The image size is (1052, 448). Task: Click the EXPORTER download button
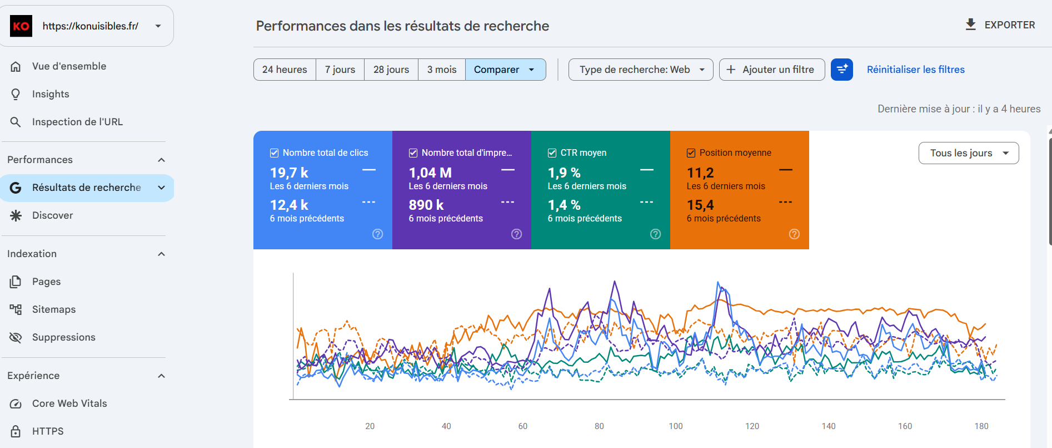pyautogui.click(x=1000, y=25)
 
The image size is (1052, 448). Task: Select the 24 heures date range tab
pyautogui.click(x=285, y=70)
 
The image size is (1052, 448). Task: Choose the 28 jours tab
pyautogui.click(x=391, y=70)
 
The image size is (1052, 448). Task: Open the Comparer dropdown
pyautogui.click(x=505, y=70)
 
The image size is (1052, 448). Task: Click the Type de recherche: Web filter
pyautogui.click(x=641, y=70)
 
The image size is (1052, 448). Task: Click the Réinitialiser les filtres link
pyautogui.click(x=915, y=70)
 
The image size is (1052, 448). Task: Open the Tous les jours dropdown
pyautogui.click(x=969, y=153)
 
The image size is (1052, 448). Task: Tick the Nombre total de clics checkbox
pyautogui.click(x=274, y=152)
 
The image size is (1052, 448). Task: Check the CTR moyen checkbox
pyautogui.click(x=552, y=152)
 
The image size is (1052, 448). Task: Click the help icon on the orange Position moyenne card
pyautogui.click(x=794, y=234)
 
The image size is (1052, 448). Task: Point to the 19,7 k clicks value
pyautogui.click(x=289, y=173)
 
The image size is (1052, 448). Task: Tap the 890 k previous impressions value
pyautogui.click(x=426, y=205)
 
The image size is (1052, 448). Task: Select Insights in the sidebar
pyautogui.click(x=51, y=94)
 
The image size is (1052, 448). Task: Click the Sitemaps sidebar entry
pyautogui.click(x=54, y=309)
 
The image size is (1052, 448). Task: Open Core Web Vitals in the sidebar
pyautogui.click(x=69, y=403)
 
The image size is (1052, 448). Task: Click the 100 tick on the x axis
pyautogui.click(x=676, y=426)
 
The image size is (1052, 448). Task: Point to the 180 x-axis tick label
pyautogui.click(x=981, y=426)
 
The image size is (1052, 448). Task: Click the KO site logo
pyautogui.click(x=21, y=26)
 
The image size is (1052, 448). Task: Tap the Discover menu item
pyautogui.click(x=52, y=215)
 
